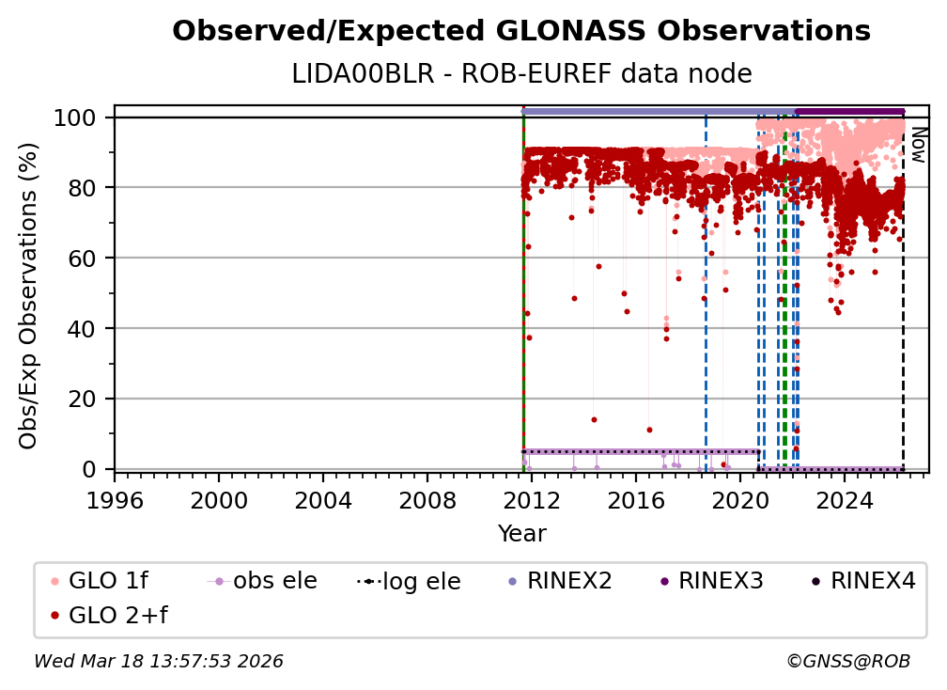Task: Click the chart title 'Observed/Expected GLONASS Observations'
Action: coord(521,31)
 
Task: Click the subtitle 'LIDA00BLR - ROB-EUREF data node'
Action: coord(521,73)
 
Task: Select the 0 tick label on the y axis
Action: coord(89,469)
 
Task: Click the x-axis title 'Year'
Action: coord(521,534)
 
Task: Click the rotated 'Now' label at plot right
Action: coord(918,145)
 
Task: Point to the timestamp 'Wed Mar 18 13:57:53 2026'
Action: coord(158,662)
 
